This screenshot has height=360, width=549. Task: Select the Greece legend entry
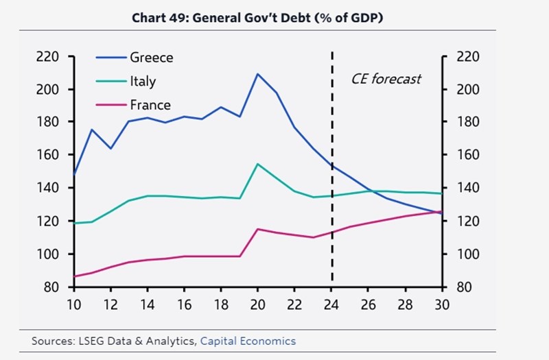(x=151, y=58)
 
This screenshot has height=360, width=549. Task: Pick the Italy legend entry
(x=143, y=81)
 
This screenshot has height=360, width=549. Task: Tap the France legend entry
(x=150, y=105)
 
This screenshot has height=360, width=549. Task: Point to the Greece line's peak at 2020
(x=257, y=73)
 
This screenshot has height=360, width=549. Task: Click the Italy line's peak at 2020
(x=257, y=164)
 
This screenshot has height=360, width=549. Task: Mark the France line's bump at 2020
(x=257, y=229)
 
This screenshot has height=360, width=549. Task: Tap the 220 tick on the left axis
(x=51, y=57)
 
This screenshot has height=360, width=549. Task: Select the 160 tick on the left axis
(x=51, y=155)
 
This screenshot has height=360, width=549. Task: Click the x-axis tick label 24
(x=332, y=304)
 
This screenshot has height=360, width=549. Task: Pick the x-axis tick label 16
(x=183, y=304)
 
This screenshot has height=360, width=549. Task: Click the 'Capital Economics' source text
(x=248, y=341)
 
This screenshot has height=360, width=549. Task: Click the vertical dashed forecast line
(x=332, y=206)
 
